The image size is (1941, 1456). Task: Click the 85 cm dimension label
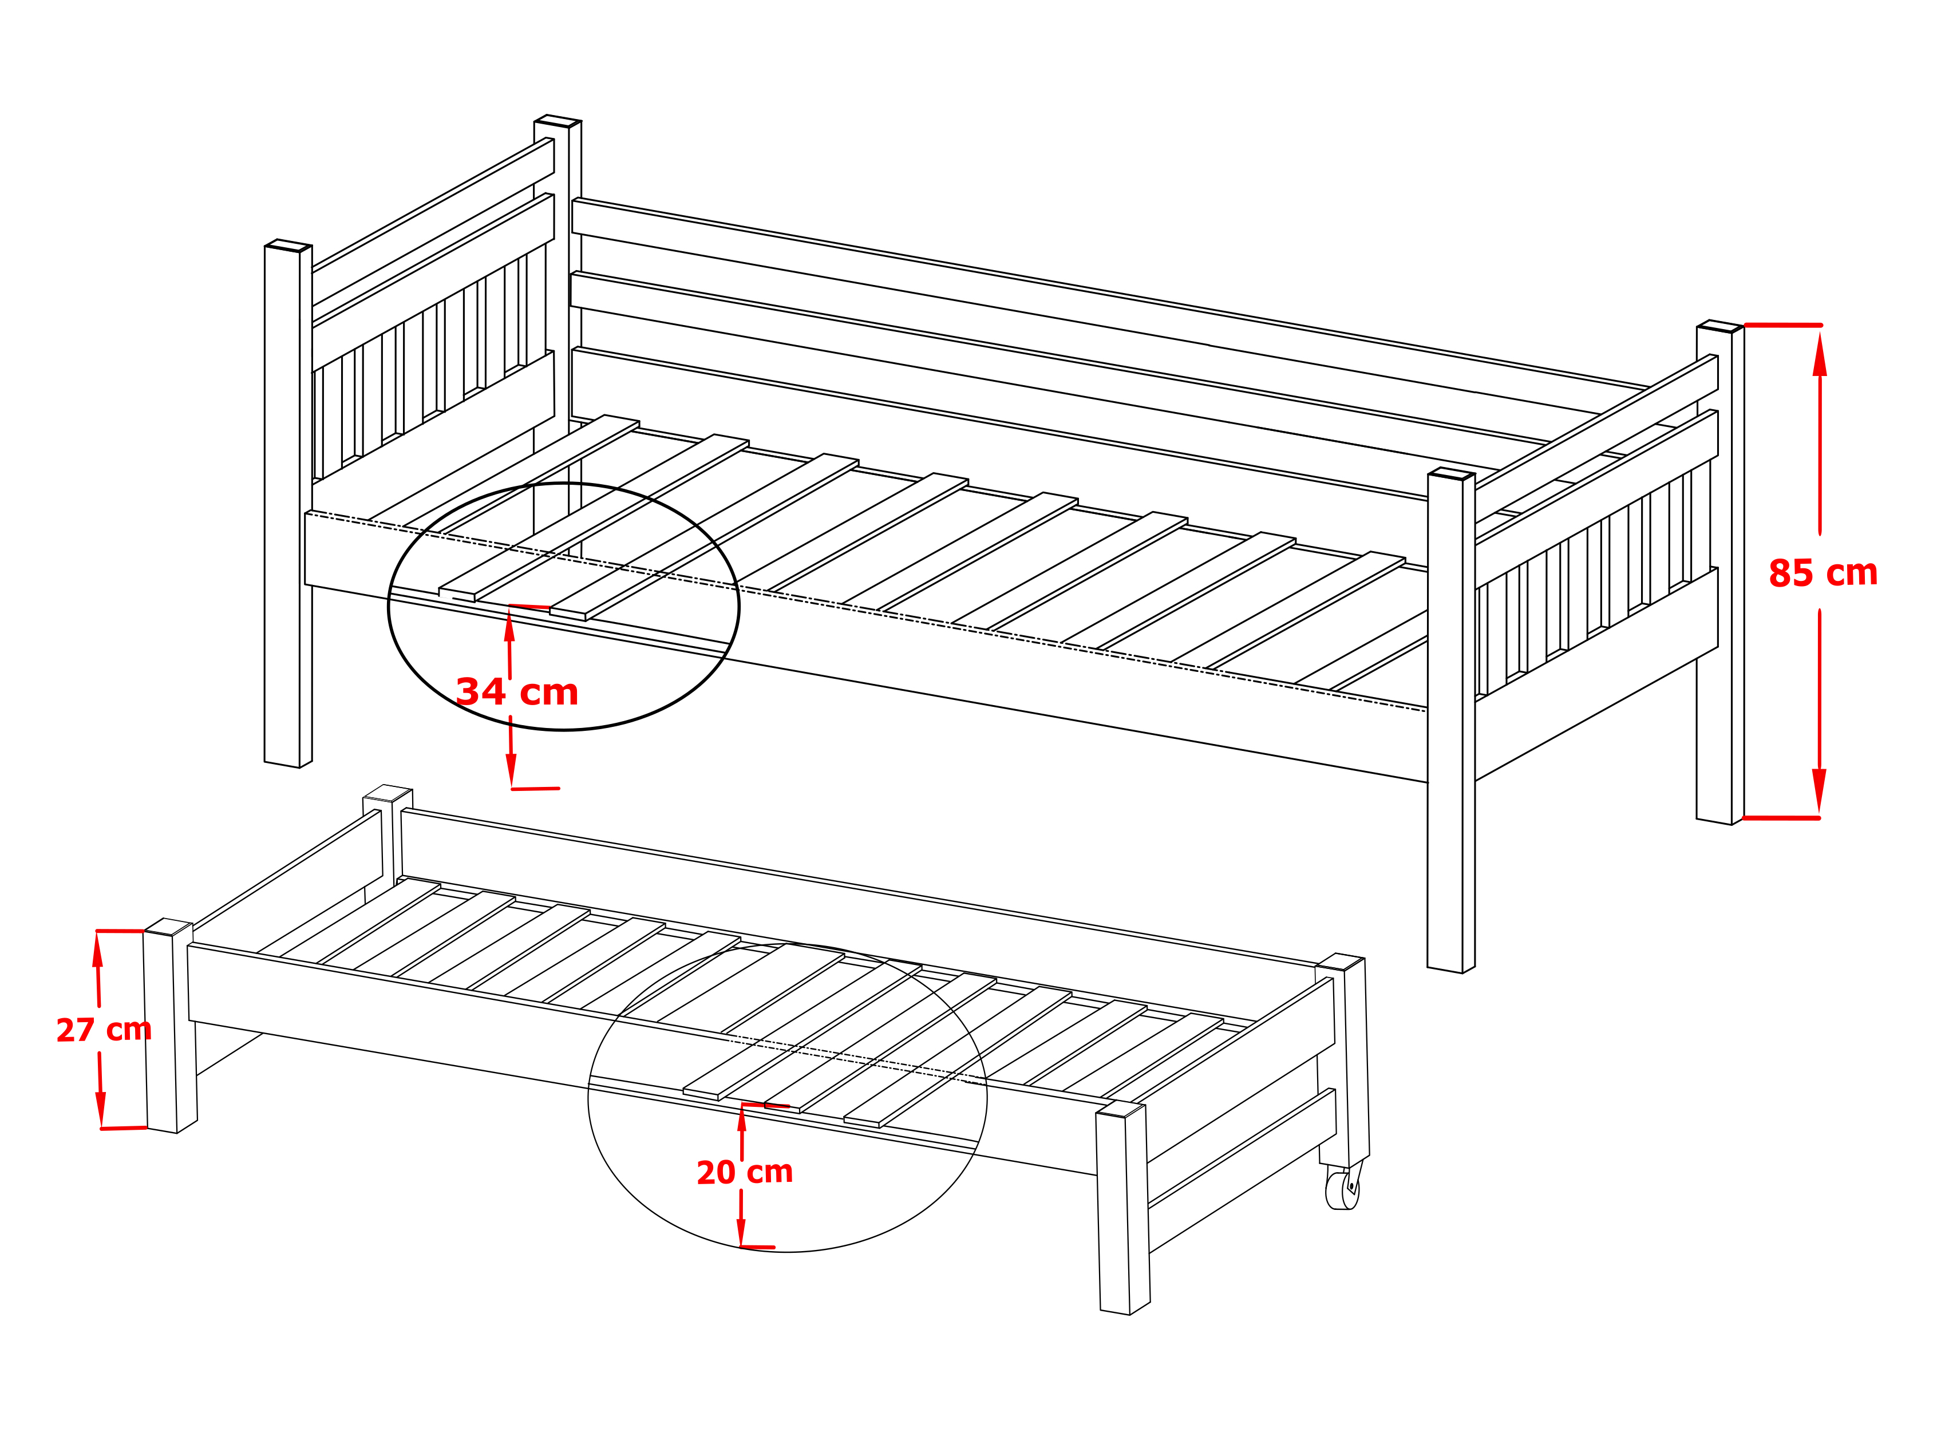pyautogui.click(x=1823, y=573)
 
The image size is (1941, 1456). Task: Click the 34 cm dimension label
pyautogui.click(x=517, y=691)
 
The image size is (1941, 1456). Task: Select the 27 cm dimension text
pyautogui.click(x=104, y=1030)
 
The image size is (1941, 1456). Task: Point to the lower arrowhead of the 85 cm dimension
pyautogui.click(x=1819, y=791)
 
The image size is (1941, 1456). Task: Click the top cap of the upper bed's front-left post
pyautogui.click(x=288, y=245)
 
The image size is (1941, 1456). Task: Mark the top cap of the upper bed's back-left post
pyautogui.click(x=557, y=120)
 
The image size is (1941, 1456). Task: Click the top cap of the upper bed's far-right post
pyautogui.click(x=1720, y=326)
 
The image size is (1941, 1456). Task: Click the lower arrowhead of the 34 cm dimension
pyautogui.click(x=512, y=770)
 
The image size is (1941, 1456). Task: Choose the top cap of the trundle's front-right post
pyautogui.click(x=1121, y=1109)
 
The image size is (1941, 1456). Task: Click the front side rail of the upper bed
pyautogui.click(x=866, y=646)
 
